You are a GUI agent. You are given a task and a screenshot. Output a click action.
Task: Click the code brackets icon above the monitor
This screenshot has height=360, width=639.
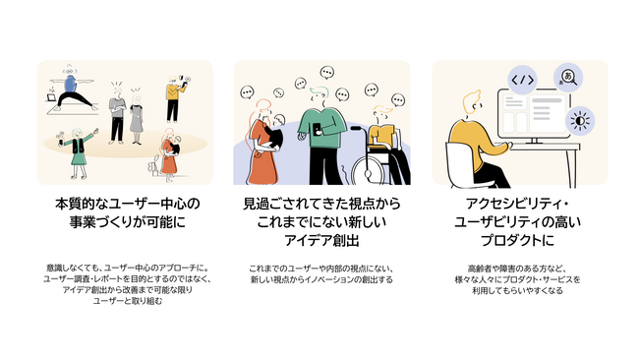(x=522, y=80)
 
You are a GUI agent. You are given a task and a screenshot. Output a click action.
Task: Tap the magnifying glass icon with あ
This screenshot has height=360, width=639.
(x=568, y=78)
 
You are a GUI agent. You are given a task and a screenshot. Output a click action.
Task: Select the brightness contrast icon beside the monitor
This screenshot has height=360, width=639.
(x=580, y=121)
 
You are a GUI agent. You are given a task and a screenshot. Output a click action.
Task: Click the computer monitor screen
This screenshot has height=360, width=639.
(x=534, y=114)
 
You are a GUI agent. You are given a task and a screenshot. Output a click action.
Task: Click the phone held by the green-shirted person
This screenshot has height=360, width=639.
(x=317, y=129)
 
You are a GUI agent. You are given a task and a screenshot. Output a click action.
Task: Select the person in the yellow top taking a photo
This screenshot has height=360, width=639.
(x=175, y=98)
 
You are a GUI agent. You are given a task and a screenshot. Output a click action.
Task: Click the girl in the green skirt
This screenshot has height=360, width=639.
(x=79, y=152)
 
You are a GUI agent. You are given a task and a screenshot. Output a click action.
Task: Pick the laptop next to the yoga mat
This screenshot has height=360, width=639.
(x=52, y=97)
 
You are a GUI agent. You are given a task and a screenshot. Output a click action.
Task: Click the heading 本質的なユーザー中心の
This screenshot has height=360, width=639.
(x=128, y=204)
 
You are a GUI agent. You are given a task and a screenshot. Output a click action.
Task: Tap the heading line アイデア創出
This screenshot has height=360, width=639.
(x=321, y=241)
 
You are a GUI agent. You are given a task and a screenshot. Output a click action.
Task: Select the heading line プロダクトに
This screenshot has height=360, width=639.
(x=517, y=240)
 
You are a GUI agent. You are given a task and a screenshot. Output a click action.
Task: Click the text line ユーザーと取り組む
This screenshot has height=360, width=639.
(x=128, y=301)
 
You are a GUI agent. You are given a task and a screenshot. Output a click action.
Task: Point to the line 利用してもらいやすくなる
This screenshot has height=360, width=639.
(x=517, y=290)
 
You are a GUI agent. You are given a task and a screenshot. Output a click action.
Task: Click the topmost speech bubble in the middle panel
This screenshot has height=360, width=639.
(x=326, y=73)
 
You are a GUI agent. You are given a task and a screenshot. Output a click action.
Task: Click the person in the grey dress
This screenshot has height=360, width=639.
(x=137, y=119)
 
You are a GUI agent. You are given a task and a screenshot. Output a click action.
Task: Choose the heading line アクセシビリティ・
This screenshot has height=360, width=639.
(x=517, y=204)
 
